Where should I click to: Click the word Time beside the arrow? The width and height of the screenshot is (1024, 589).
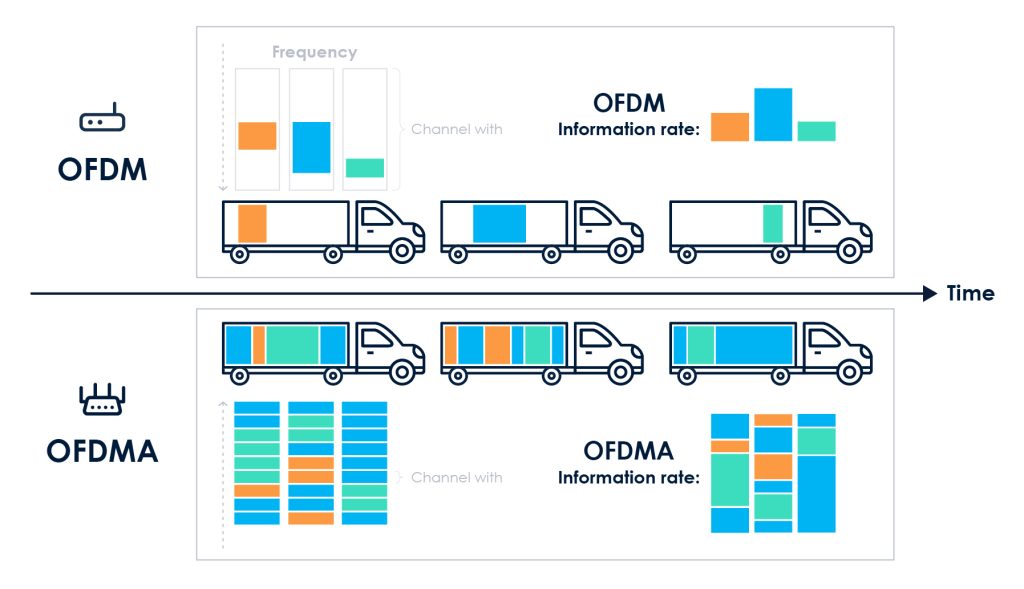pos(970,293)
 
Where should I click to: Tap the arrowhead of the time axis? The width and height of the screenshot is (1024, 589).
pos(930,294)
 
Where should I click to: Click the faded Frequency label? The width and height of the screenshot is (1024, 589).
pos(314,52)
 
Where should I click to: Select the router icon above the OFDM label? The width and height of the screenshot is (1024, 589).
pos(102,118)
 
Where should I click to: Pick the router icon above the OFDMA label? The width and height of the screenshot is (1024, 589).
pos(102,400)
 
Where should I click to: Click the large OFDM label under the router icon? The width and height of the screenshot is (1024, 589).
pos(103,170)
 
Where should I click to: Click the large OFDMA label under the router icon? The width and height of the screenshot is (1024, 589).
pos(102,451)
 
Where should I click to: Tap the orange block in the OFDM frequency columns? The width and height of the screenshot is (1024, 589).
pos(257,136)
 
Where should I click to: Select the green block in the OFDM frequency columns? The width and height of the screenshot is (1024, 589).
pos(364,168)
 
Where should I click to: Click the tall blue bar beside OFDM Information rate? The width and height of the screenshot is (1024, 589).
pos(773,115)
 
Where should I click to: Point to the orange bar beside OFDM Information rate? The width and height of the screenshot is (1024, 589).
pos(730,127)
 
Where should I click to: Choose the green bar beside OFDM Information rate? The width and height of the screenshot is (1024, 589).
pos(816,131)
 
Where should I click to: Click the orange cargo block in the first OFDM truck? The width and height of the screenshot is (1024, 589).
pos(252,224)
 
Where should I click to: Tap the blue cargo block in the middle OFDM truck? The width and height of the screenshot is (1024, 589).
pos(500,224)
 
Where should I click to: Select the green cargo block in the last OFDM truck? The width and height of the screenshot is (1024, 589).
pos(773,224)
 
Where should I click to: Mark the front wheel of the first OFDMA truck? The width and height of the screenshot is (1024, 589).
pos(402,373)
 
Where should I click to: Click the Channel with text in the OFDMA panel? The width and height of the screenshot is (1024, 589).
pos(456,477)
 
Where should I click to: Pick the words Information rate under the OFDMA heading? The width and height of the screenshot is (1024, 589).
pos(628,478)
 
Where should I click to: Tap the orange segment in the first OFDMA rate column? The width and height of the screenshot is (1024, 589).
pos(730,447)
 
